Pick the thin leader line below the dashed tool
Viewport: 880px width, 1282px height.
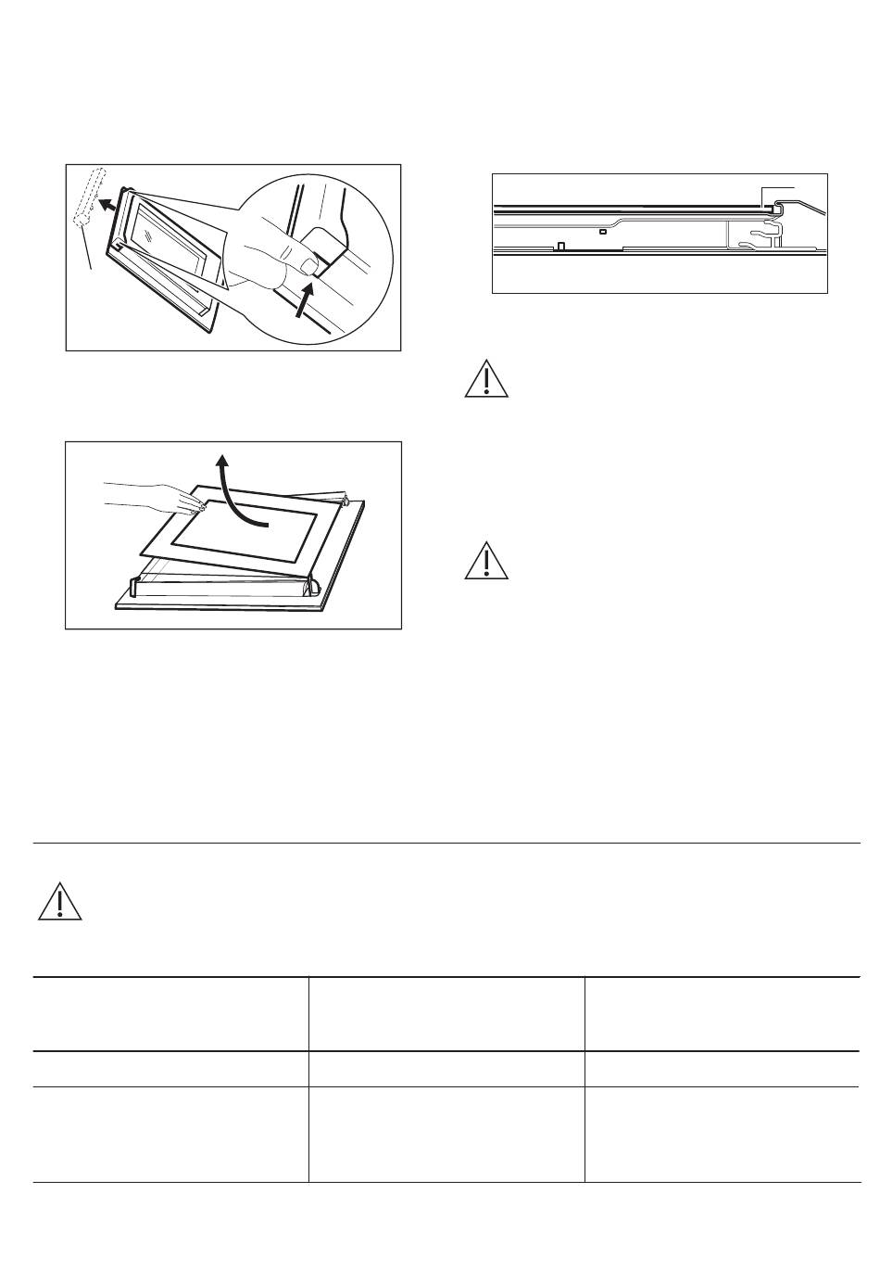[89, 250]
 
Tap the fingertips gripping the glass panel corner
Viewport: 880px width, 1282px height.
[195, 506]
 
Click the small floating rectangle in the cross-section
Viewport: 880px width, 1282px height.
[603, 232]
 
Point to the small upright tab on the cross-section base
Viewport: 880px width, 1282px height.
[560, 247]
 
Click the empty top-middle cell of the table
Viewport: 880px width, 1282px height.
[446, 1013]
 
